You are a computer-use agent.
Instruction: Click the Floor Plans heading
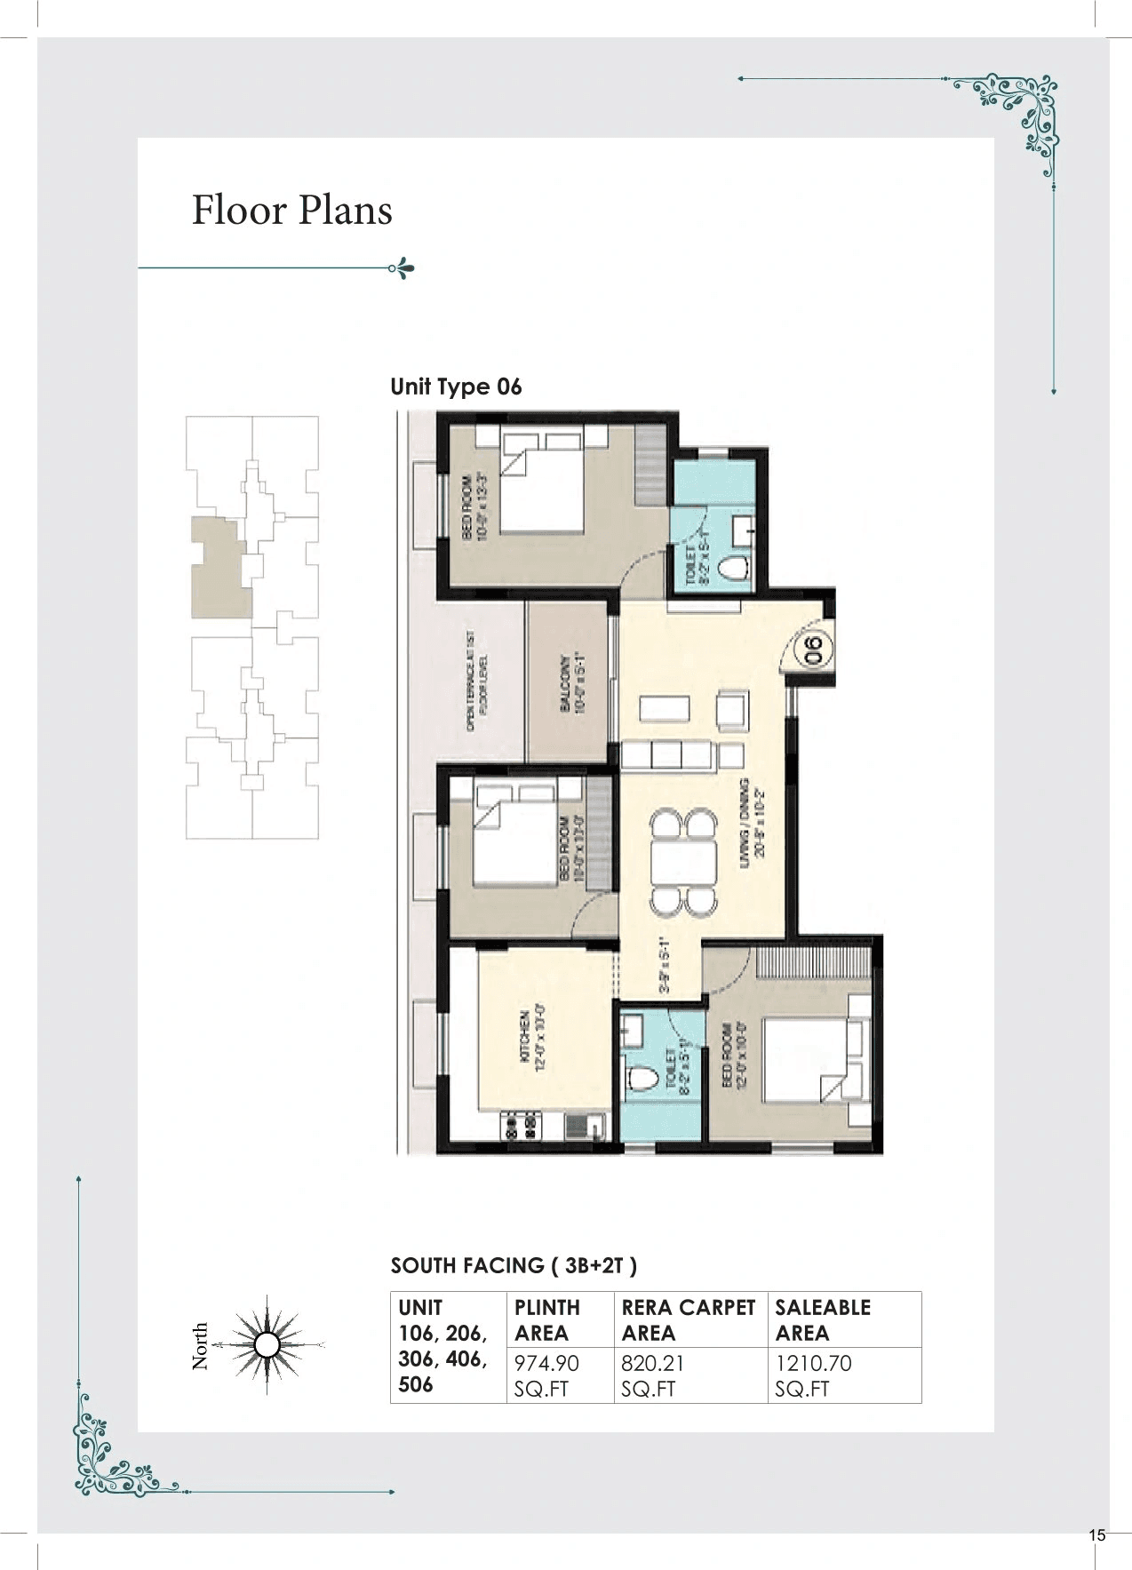click(292, 211)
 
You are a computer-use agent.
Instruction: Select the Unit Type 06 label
click(456, 387)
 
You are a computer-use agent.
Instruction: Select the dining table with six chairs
click(683, 861)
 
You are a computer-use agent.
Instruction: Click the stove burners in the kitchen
click(522, 1128)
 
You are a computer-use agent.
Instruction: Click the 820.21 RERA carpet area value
click(653, 1363)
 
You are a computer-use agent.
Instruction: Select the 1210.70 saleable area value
click(813, 1363)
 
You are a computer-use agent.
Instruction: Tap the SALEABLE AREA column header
click(822, 1319)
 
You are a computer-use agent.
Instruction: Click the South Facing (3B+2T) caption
click(514, 1265)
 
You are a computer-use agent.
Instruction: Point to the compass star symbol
click(267, 1344)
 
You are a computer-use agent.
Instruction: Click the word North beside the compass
click(200, 1345)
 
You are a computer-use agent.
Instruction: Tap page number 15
click(1096, 1535)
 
